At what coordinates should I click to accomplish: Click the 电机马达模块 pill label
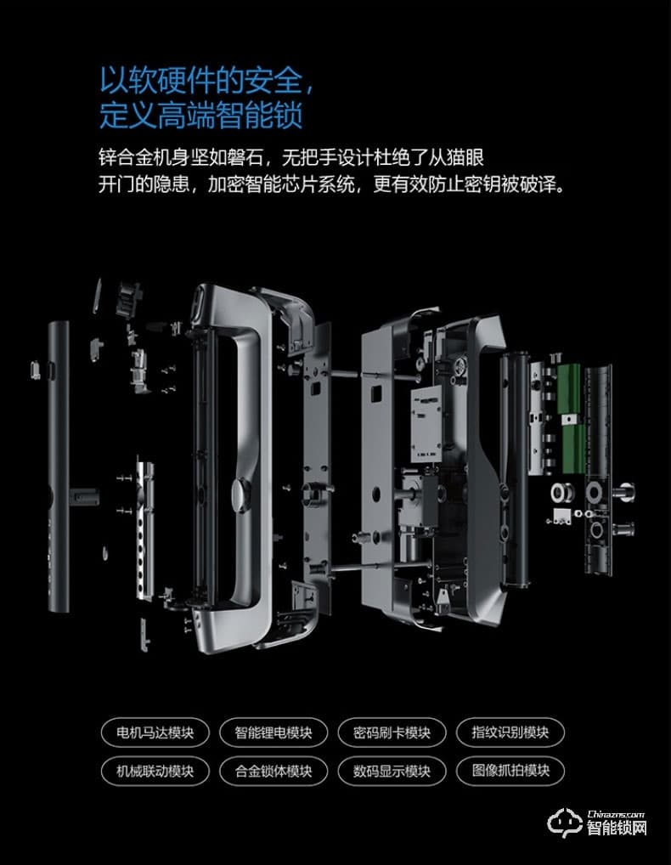tap(155, 732)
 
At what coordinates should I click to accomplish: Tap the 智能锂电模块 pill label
tap(273, 732)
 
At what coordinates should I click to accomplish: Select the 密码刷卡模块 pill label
tap(392, 732)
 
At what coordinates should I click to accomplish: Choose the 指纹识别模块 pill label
tap(510, 732)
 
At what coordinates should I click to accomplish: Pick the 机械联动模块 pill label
tap(155, 771)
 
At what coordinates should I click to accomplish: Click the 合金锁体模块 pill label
tap(273, 771)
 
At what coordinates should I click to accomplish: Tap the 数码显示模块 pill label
tap(392, 771)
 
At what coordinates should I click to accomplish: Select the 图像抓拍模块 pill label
tap(510, 771)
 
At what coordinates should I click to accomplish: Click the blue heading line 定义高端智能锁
tap(201, 116)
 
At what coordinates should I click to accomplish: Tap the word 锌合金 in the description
tap(126, 158)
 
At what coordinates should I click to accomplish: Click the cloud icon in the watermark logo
tap(563, 823)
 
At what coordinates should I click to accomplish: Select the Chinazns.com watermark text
tap(616, 814)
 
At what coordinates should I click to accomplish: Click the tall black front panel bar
tap(59, 466)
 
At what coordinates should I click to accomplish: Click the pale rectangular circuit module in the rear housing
tap(426, 424)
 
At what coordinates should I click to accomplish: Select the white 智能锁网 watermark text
tap(617, 828)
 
